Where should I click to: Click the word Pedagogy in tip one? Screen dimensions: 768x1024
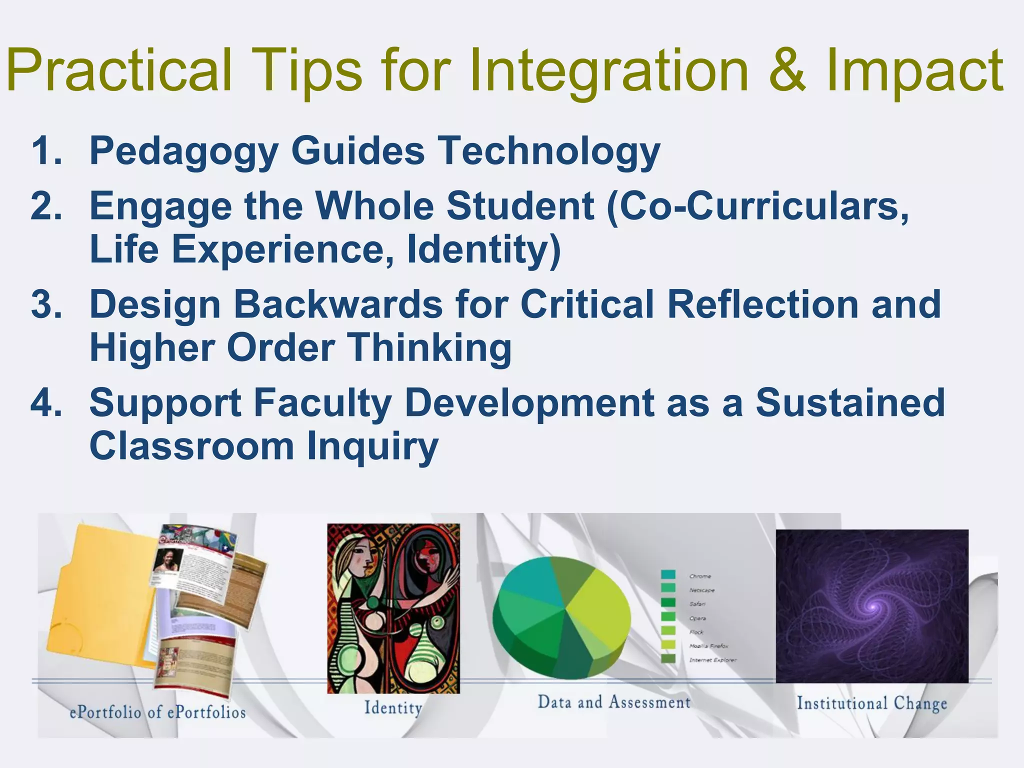183,151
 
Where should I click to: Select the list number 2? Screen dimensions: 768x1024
46,206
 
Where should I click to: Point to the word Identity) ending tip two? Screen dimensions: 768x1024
483,249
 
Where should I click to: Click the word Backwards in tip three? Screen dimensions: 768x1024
338,304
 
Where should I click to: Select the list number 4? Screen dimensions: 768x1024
46,403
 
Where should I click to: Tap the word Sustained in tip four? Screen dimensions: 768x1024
849,403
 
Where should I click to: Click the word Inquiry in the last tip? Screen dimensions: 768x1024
372,446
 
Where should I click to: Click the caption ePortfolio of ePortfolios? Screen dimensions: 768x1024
157,712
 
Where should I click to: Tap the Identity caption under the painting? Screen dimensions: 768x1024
393,707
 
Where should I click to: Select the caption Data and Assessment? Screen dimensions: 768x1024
614,702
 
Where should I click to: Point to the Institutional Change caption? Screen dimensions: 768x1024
871,703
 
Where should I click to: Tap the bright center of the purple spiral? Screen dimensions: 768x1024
873,606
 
